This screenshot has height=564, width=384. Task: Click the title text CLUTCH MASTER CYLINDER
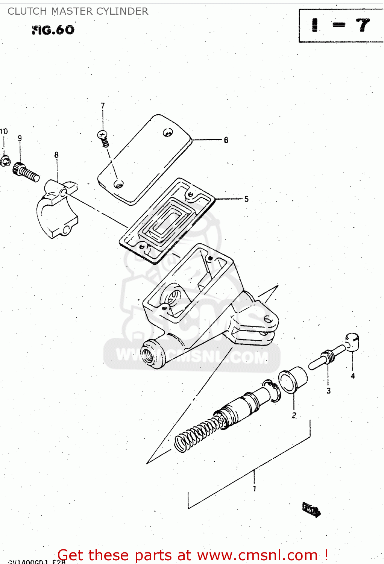tap(78, 11)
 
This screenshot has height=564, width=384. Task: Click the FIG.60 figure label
tap(53, 30)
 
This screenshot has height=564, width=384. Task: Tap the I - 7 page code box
tap(341, 26)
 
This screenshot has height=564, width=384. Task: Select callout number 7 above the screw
tap(103, 106)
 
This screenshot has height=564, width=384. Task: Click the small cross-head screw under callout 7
tap(103, 138)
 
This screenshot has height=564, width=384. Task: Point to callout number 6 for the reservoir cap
tap(226, 140)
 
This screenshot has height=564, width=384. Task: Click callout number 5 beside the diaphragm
tap(246, 199)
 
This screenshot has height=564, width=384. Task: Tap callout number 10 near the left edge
tap(4, 132)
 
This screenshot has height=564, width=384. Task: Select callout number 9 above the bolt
tap(20, 138)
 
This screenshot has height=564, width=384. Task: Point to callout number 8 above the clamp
tap(56, 155)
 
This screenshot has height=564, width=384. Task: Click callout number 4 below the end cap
tap(353, 376)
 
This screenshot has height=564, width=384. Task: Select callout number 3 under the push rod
tap(329, 391)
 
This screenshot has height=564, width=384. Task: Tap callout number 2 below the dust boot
tap(294, 415)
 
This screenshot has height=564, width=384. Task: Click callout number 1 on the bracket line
tap(255, 488)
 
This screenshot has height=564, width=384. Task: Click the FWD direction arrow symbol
tap(311, 510)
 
